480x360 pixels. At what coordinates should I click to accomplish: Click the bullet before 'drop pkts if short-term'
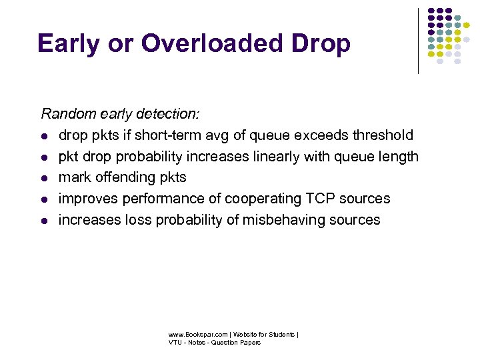click(44, 136)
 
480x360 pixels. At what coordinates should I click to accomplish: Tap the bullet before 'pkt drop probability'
click(44, 157)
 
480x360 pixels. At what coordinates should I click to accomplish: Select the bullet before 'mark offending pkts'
click(44, 179)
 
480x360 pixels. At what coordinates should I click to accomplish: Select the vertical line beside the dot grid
click(418, 40)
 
